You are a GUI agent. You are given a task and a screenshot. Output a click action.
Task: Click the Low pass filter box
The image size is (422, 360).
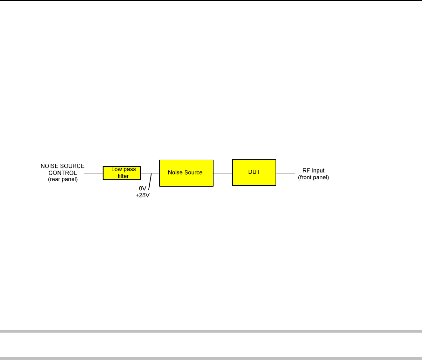pyautogui.click(x=122, y=173)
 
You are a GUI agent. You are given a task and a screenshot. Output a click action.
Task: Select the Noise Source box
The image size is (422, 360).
pyautogui.click(x=186, y=173)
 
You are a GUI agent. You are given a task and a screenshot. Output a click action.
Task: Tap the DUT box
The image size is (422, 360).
pyautogui.click(x=254, y=172)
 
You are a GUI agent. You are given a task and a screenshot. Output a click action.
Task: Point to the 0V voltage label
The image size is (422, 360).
pyautogui.click(x=142, y=188)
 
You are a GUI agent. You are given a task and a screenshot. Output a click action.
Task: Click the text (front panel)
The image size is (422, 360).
pyautogui.click(x=313, y=177)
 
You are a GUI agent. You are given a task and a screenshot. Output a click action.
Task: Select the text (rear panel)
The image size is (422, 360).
pyautogui.click(x=63, y=179)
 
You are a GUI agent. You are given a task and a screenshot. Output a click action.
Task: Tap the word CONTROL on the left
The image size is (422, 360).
pyautogui.click(x=63, y=172)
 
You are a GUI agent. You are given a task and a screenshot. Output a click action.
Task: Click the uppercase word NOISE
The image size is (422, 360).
pyautogui.click(x=50, y=166)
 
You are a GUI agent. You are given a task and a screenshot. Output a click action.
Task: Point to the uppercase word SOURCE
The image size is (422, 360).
pyautogui.click(x=72, y=166)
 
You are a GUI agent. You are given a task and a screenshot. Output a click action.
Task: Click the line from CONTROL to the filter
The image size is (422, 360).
pyautogui.click(x=94, y=173)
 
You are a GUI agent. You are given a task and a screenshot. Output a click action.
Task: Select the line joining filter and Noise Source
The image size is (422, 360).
pyautogui.click(x=150, y=173)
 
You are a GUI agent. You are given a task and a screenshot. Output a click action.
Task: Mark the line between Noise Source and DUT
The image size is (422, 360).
pyautogui.click(x=223, y=173)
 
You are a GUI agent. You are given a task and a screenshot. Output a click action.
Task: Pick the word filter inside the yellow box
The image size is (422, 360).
pyautogui.click(x=123, y=176)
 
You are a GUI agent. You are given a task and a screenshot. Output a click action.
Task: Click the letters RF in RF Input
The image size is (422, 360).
pyautogui.click(x=306, y=171)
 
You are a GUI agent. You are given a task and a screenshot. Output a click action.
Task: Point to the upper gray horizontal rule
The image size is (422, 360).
pyautogui.click(x=211, y=331)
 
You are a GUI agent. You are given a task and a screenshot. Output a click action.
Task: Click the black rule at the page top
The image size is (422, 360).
pyautogui.click(x=211, y=0)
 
